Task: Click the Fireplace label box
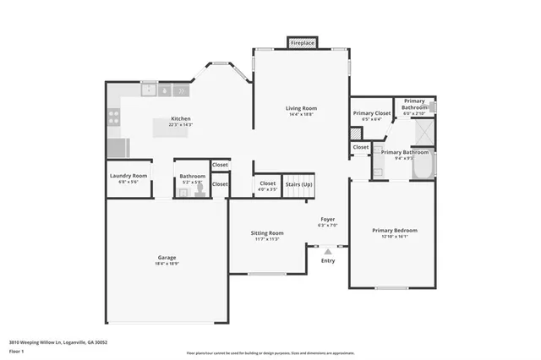pyautogui.click(x=302, y=42)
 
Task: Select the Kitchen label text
pyautogui.click(x=181, y=118)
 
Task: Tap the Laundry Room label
pyautogui.click(x=128, y=176)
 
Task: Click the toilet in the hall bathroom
pyautogui.click(x=200, y=191)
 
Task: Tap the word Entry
pyautogui.click(x=328, y=260)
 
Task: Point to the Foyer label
pyautogui.click(x=327, y=218)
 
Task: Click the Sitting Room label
pyautogui.click(x=267, y=232)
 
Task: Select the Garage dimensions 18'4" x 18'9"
pyautogui.click(x=167, y=264)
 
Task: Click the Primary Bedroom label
pyautogui.click(x=395, y=230)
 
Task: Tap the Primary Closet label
pyautogui.click(x=372, y=112)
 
